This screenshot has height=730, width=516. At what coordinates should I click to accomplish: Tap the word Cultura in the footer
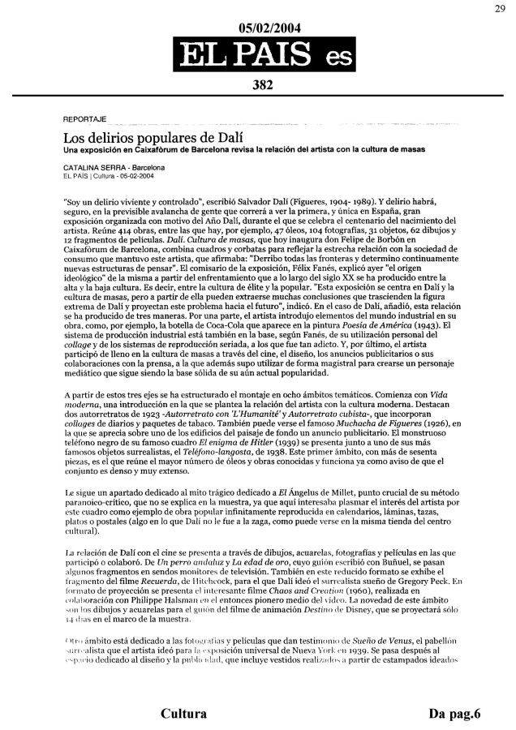click(x=183, y=714)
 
